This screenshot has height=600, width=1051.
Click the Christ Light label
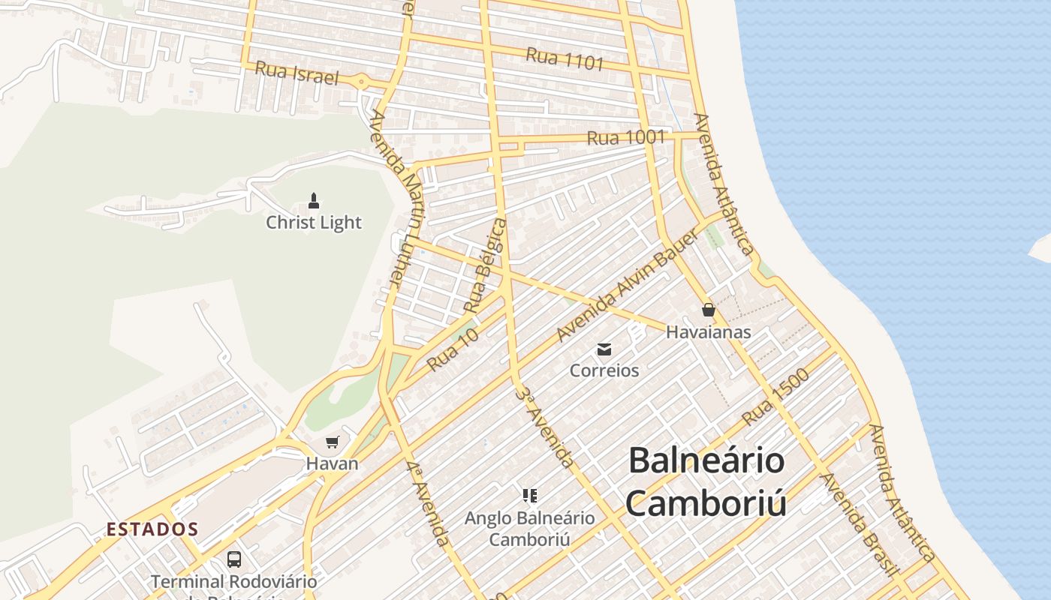coord(314,223)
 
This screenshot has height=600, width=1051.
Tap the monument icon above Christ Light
coord(314,201)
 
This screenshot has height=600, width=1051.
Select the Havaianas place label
coord(709,331)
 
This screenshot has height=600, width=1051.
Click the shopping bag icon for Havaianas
coord(708,310)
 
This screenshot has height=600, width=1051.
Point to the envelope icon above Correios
coord(604,349)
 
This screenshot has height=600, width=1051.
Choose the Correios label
coord(604,370)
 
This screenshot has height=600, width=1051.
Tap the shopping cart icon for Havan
coord(332,442)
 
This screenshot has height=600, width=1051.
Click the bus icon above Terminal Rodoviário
coord(234,559)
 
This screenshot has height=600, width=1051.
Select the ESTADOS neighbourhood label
coord(152,529)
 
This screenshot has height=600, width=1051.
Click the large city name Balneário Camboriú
coord(706,481)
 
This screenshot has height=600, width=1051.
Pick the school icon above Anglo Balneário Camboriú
coord(529,496)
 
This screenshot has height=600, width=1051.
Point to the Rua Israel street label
coord(297,73)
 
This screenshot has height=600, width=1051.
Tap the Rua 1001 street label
coord(625,138)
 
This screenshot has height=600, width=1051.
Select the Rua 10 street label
coord(453,351)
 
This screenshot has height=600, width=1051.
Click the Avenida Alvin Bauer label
coord(627,287)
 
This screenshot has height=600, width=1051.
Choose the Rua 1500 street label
coord(775,397)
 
